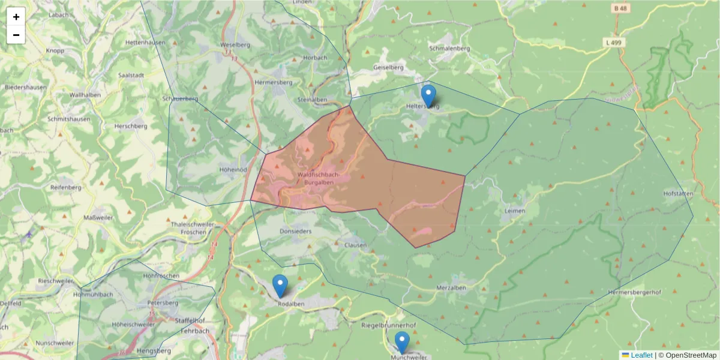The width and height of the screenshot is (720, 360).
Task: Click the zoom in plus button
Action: point(16,17)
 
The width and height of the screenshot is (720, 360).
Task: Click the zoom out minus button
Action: point(16,35)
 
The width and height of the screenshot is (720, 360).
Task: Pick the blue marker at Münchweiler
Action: point(403,343)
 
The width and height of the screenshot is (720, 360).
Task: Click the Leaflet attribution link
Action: point(641,355)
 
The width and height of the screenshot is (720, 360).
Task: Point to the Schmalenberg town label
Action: point(449,49)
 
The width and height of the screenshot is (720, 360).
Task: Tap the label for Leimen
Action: point(515,211)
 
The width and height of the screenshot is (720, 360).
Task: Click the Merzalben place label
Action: point(451,288)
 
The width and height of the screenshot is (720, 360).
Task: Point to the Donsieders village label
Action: point(296,230)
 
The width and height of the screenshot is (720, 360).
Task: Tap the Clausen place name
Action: point(355,245)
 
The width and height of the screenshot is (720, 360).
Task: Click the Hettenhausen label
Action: point(146,43)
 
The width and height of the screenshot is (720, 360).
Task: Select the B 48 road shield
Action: point(620,8)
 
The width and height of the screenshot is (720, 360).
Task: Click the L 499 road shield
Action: point(613,42)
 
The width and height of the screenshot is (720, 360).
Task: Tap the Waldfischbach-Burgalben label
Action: point(318,178)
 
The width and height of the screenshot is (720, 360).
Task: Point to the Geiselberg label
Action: point(388,67)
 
